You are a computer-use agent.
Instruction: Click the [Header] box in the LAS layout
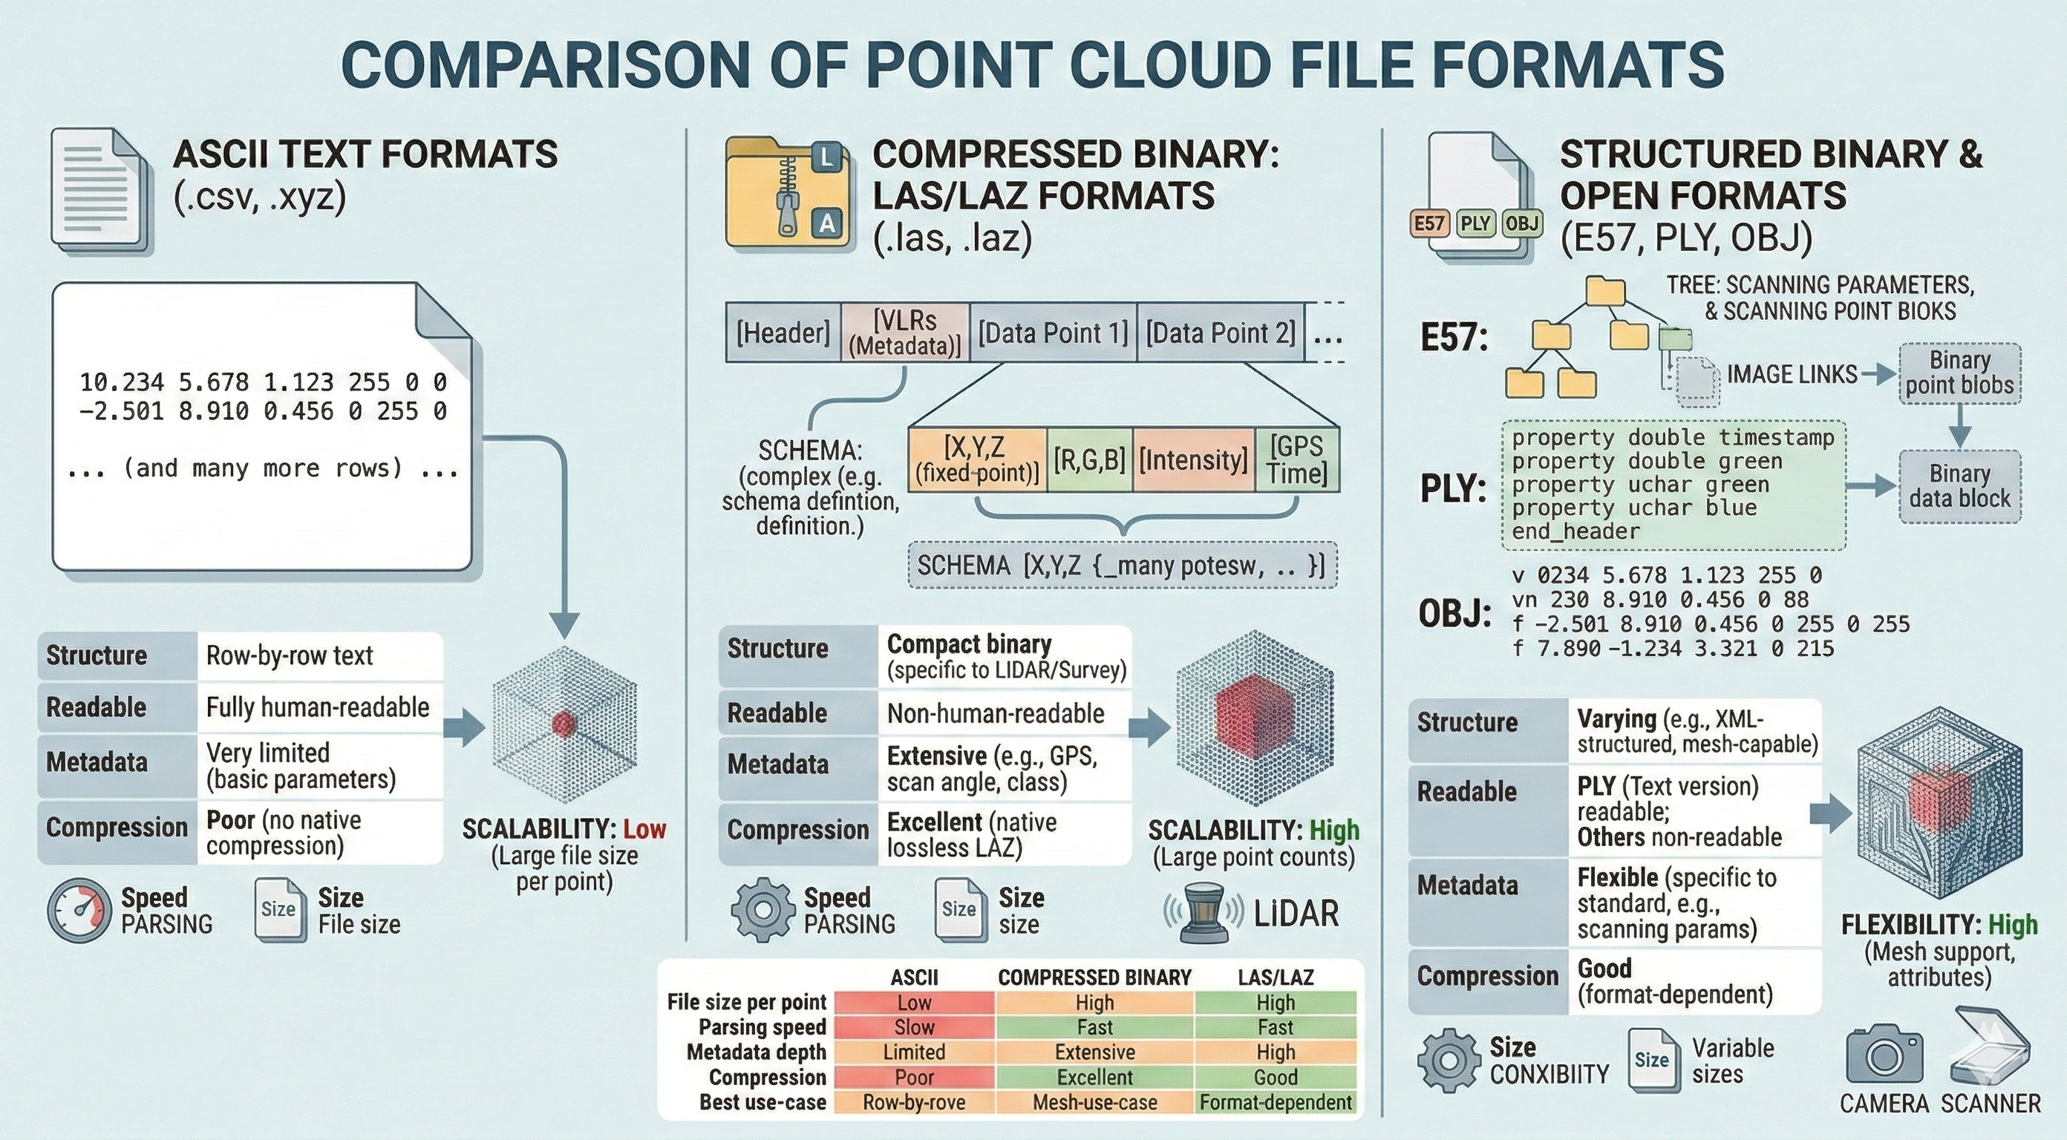click(783, 332)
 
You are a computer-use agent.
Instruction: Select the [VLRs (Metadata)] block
click(904, 332)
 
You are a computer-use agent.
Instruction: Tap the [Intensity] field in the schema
click(1192, 459)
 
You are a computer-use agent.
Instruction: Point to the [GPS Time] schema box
click(1296, 459)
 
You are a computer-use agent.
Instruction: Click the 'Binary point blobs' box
click(1959, 373)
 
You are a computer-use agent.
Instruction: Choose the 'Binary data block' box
click(1959, 486)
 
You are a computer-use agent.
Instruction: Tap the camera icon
click(1884, 1054)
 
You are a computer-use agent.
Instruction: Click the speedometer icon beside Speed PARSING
click(79, 911)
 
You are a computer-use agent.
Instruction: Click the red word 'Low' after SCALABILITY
click(644, 829)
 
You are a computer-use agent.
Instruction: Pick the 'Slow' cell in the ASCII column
click(914, 1027)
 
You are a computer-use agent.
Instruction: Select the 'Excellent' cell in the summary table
click(1094, 1077)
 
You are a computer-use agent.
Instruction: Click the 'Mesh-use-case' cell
click(1094, 1102)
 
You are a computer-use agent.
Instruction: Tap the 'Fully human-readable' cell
click(318, 707)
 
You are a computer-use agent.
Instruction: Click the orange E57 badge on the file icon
click(1429, 223)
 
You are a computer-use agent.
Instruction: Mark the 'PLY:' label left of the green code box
click(1453, 488)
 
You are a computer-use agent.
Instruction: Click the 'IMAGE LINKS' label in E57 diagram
click(1791, 374)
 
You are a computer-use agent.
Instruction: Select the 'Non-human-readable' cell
click(995, 713)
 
